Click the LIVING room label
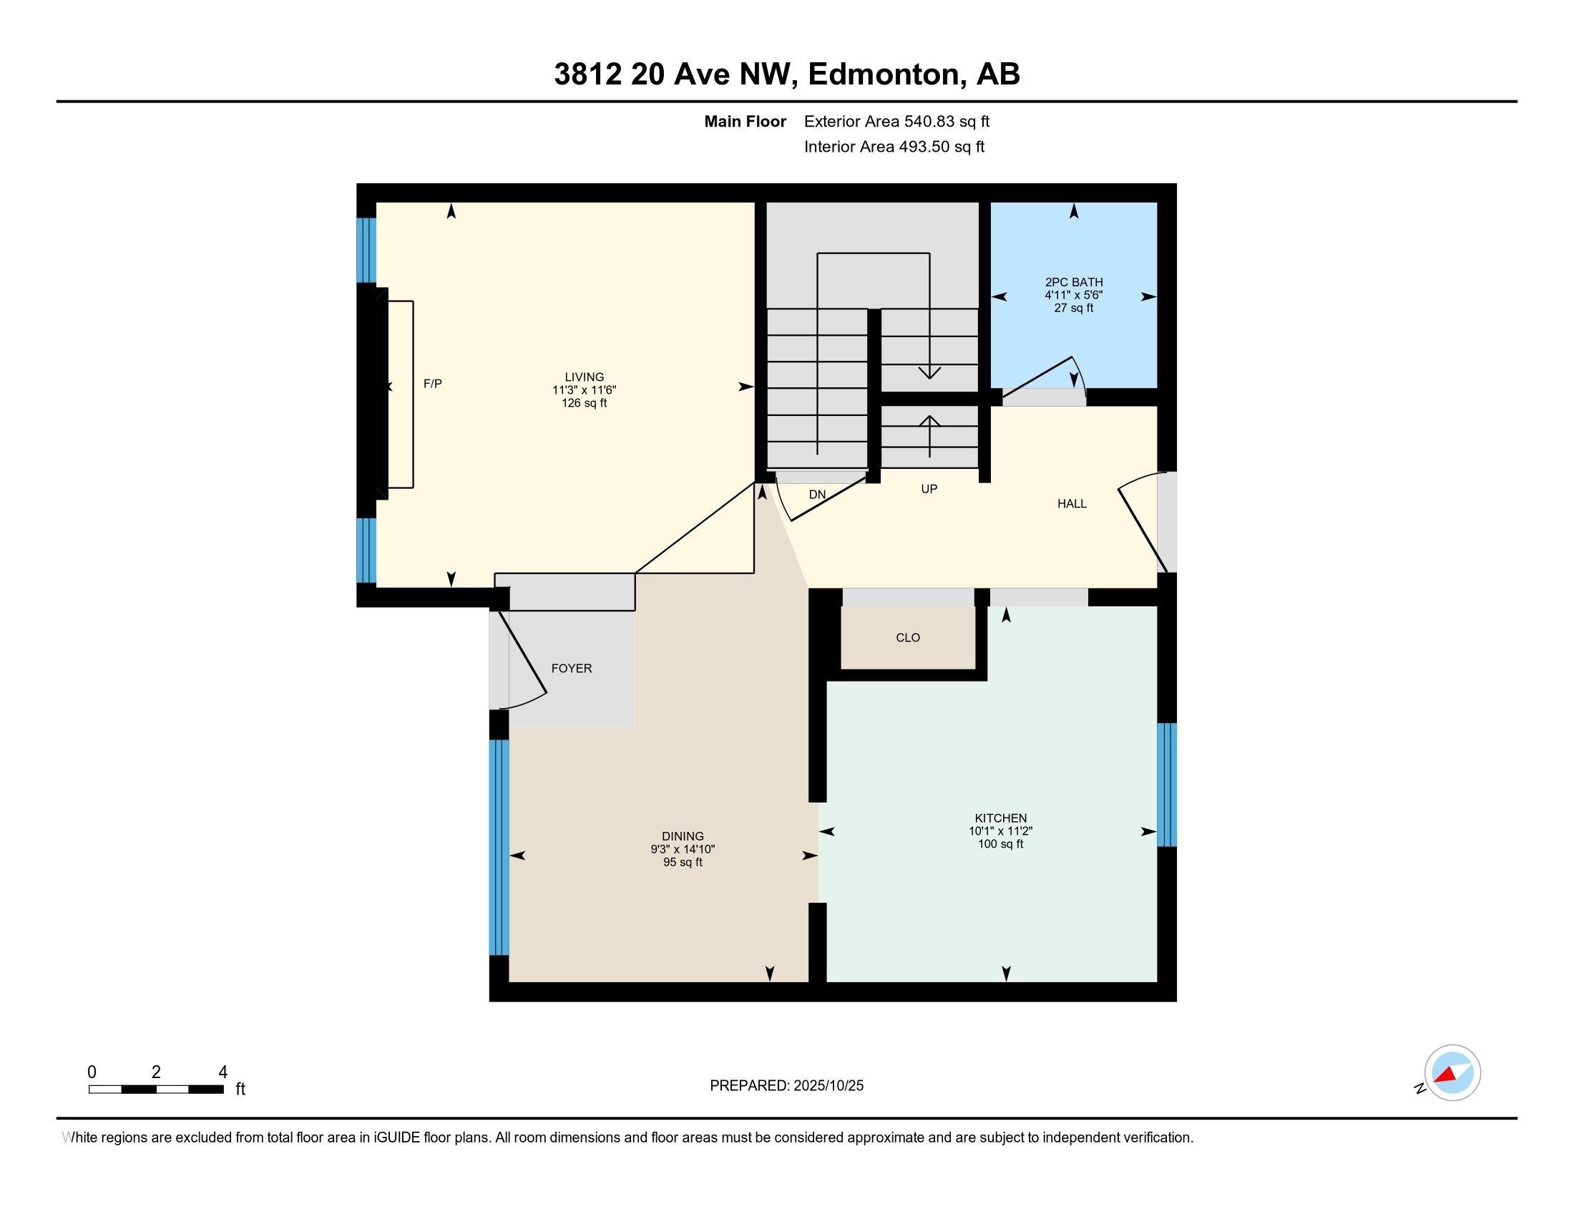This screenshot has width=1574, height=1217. click(584, 377)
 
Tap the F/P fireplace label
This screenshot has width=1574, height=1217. click(432, 384)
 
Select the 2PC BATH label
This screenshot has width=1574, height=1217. click(1073, 283)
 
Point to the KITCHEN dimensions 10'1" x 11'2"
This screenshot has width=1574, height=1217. click(1000, 830)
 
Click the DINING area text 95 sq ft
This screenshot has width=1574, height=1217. click(683, 863)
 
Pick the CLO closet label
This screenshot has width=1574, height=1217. click(907, 638)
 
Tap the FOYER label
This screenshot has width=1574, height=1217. click(572, 669)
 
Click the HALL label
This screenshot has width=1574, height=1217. click(1072, 504)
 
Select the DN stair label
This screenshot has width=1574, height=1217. click(816, 495)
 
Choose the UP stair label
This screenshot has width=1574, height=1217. click(929, 489)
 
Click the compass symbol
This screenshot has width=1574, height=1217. click(1452, 1073)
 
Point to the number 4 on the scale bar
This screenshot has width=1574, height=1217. click(223, 1072)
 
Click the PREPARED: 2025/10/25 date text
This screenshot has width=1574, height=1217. click(786, 1086)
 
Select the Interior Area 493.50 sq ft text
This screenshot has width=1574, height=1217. click(894, 147)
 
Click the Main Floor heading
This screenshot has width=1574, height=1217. click(745, 122)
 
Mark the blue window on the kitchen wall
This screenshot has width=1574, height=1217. click(1166, 785)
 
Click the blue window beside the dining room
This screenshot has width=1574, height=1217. click(499, 847)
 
